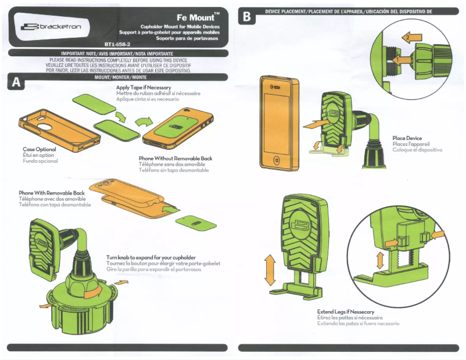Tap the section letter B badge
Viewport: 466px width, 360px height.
pyautogui.click(x=247, y=17)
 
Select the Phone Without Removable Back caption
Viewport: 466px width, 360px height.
pyautogui.click(x=175, y=159)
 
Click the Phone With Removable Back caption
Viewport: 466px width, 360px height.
pyautogui.click(x=52, y=193)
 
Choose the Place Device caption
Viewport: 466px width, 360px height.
pyautogui.click(x=407, y=138)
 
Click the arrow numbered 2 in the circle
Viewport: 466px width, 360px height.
pyautogui.click(x=411, y=38)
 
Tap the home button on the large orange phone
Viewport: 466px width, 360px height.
pyautogui.click(x=276, y=160)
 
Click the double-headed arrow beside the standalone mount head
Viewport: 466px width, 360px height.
pyautogui.click(x=270, y=272)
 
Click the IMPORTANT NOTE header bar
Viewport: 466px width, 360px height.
pyautogui.click(x=118, y=52)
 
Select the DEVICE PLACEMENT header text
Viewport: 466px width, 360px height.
pyautogui.click(x=349, y=11)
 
